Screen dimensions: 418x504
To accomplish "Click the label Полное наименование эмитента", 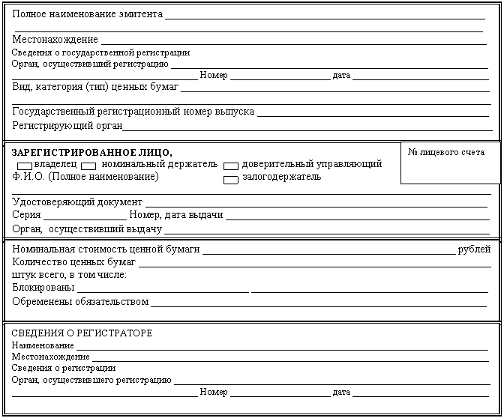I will coord(88,15).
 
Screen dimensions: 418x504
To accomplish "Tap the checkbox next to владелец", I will coord(25,165).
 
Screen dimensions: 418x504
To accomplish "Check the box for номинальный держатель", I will coord(88,165).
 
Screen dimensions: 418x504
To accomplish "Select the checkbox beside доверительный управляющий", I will coord(231,165).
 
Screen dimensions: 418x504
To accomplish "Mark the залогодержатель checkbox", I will coord(231,178).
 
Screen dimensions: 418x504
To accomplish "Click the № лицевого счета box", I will coord(450,162).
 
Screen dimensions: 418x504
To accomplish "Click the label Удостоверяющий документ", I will coord(77,202).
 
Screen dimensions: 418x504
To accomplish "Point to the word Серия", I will coord(27,215).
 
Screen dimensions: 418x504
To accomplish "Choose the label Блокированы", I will coord(43,288).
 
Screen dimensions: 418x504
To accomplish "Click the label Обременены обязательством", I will coord(81,301).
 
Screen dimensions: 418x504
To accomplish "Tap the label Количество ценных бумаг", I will coord(74,262).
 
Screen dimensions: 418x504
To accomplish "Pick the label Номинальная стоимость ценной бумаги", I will coord(106,249).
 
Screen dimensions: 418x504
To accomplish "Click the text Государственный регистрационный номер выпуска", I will coord(133,112).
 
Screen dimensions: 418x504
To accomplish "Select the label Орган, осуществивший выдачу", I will coord(87,228).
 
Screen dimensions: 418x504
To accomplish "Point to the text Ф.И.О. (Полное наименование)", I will coord(85,177).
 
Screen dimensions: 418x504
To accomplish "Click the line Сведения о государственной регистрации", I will coord(101,53).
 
